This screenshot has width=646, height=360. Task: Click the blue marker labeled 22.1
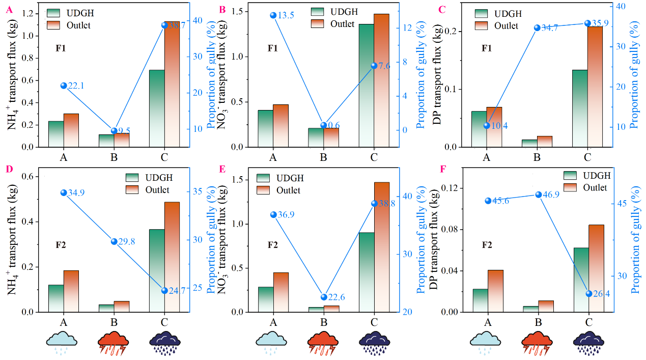pyautogui.click(x=64, y=86)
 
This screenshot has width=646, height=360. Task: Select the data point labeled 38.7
pyautogui.click(x=164, y=25)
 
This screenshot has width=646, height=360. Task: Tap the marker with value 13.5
pyautogui.click(x=273, y=15)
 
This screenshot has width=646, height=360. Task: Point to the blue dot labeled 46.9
pyautogui.click(x=539, y=195)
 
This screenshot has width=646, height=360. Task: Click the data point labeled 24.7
pyautogui.click(x=164, y=290)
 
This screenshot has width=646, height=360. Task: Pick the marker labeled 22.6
pyautogui.click(x=324, y=297)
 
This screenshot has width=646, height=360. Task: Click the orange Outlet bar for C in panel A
pyautogui.click(x=172, y=84)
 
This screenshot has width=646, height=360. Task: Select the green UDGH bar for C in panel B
pyautogui.click(x=366, y=86)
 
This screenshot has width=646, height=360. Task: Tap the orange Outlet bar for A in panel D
pyautogui.click(x=71, y=291)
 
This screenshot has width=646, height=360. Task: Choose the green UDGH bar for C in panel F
pyautogui.click(x=581, y=280)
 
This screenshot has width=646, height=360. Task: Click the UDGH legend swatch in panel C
pyautogui.click(x=481, y=14)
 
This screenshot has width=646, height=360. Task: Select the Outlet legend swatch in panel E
pyautogui.click(x=263, y=190)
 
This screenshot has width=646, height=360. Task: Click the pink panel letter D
pyautogui.click(x=10, y=169)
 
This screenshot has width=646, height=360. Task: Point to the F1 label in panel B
pyautogui.click(x=272, y=48)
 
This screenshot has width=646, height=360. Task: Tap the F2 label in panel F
pyautogui.click(x=487, y=245)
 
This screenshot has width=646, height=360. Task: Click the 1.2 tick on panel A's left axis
pyautogui.click(x=28, y=14)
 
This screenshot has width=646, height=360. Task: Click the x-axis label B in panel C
pyautogui.click(x=537, y=157)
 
